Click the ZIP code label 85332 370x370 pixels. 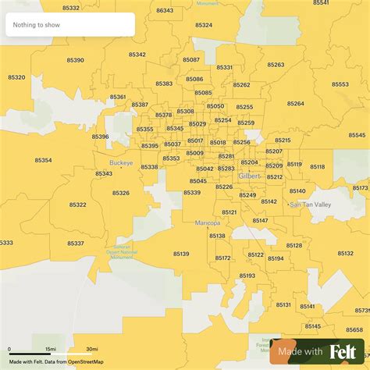coord(71,7)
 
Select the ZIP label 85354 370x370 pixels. coord(43,160)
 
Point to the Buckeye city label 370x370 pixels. coord(121,163)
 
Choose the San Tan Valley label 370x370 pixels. coord(311,205)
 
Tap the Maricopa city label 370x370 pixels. coord(207,222)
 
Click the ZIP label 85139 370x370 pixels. coord(181,254)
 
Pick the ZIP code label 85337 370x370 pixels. coord(76,244)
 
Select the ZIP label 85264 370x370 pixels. coord(295,103)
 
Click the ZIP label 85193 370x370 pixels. coord(247,276)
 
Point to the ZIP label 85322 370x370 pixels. coord(78,205)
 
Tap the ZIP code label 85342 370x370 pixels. coord(137,55)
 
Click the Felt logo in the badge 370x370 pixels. coord(347,352)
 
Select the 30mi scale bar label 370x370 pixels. coord(91,349)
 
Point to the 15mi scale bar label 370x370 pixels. coord(50,349)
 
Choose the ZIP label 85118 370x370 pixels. coord(317,166)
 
